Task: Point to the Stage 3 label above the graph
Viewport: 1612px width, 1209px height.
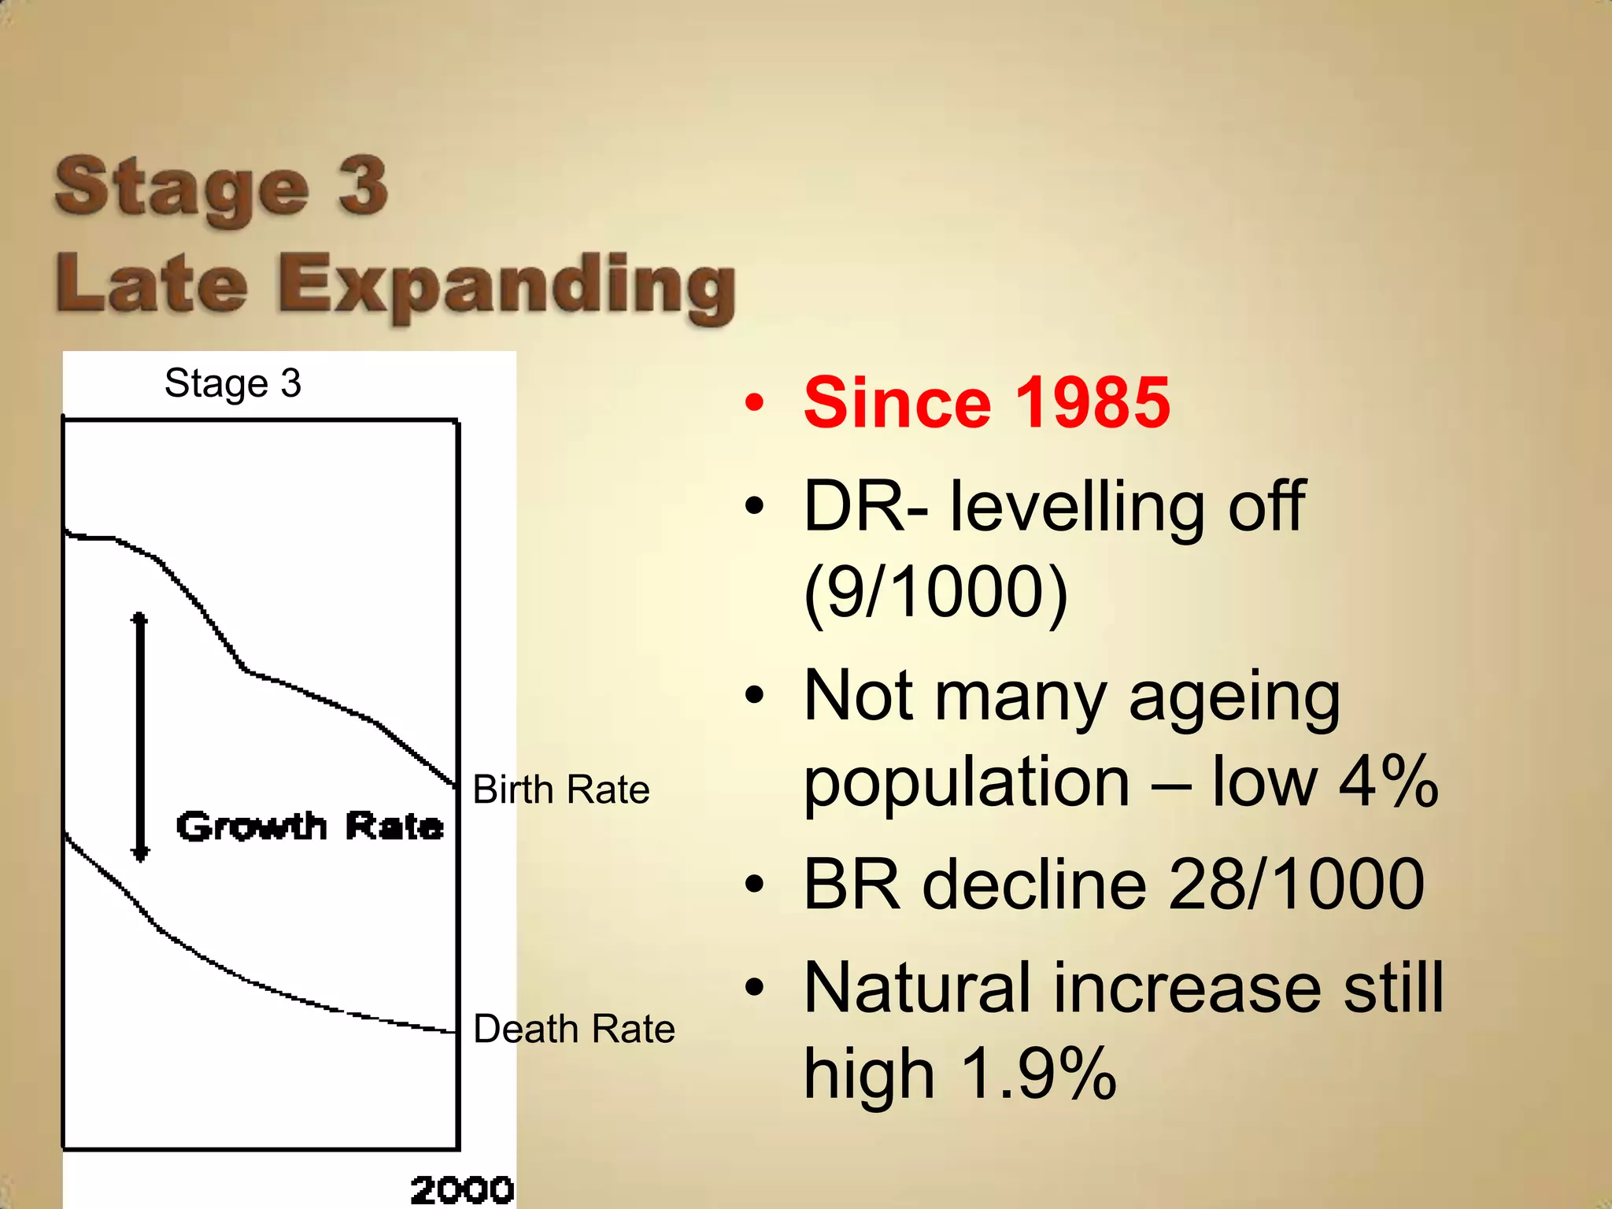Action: (x=233, y=383)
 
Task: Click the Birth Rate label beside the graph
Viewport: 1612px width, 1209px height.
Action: (x=560, y=789)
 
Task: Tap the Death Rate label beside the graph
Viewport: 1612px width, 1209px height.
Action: (x=574, y=1029)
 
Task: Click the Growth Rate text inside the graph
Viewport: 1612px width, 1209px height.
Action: (x=309, y=826)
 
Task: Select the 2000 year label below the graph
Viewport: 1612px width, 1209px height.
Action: (x=462, y=1189)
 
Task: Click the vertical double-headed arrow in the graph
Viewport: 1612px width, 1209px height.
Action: (x=140, y=737)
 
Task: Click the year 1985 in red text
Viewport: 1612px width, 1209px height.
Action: (x=1093, y=403)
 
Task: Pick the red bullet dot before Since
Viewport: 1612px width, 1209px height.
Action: (x=754, y=404)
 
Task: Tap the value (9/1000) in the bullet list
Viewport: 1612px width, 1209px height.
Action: (x=935, y=592)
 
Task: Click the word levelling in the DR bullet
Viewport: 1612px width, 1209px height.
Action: (x=1077, y=507)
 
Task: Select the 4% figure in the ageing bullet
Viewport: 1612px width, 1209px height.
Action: (x=1388, y=782)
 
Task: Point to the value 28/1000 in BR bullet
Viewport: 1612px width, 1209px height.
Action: (x=1296, y=885)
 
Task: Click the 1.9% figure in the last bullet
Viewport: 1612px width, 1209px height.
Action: (x=1038, y=1074)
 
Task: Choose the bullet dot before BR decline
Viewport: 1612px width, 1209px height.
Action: (x=754, y=885)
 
